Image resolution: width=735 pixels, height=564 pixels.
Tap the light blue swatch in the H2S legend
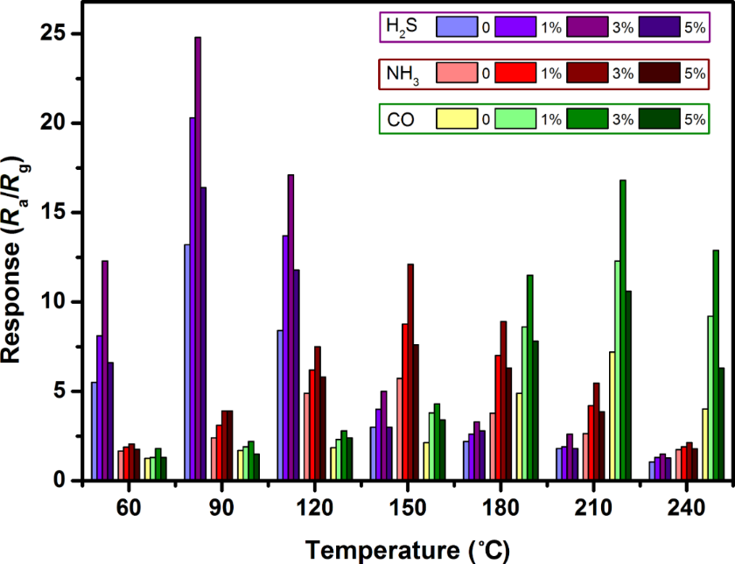pos(458,27)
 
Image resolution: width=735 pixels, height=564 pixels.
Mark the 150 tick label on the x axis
pos(407,507)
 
